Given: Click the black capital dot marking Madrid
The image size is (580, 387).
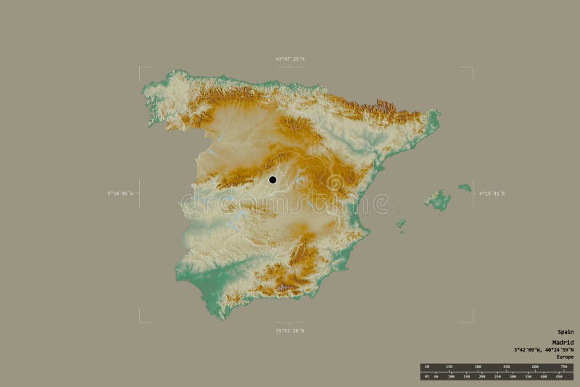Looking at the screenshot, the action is pos(273,180).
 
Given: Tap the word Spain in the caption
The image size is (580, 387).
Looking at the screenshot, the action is pos(565,332).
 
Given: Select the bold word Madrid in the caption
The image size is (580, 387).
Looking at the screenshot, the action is pos(563,342).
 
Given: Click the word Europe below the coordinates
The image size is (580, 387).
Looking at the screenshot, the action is pos(565,357).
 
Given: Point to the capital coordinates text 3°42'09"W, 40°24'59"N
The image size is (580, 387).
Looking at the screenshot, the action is pos(544,349).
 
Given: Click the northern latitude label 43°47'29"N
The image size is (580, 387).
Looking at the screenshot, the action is pos(290,58).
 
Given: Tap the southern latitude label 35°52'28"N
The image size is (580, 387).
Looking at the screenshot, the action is pos(290,330).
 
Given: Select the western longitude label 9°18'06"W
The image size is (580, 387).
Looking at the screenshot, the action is pos(120,193).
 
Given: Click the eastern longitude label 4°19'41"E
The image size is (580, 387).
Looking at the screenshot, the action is pos(492,193).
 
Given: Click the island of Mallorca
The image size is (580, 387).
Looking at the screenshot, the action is pos(437,199).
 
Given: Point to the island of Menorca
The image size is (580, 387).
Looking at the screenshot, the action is pos(465,188).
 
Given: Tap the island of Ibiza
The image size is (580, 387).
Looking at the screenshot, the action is pos(400,224).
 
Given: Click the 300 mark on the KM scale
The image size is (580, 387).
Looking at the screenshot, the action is pos(477,367).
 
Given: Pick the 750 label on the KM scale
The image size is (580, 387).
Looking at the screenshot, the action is pos(563,367).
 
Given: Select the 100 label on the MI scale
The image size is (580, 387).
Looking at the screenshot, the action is pos(450,377).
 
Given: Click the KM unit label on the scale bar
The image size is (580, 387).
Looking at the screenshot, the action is pos(426,367).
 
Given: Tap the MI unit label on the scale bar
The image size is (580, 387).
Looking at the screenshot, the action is pos(426,377).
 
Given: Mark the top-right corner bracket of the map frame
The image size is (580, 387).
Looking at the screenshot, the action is pos(472,67).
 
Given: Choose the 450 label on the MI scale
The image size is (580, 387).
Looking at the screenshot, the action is pos(559,377).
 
